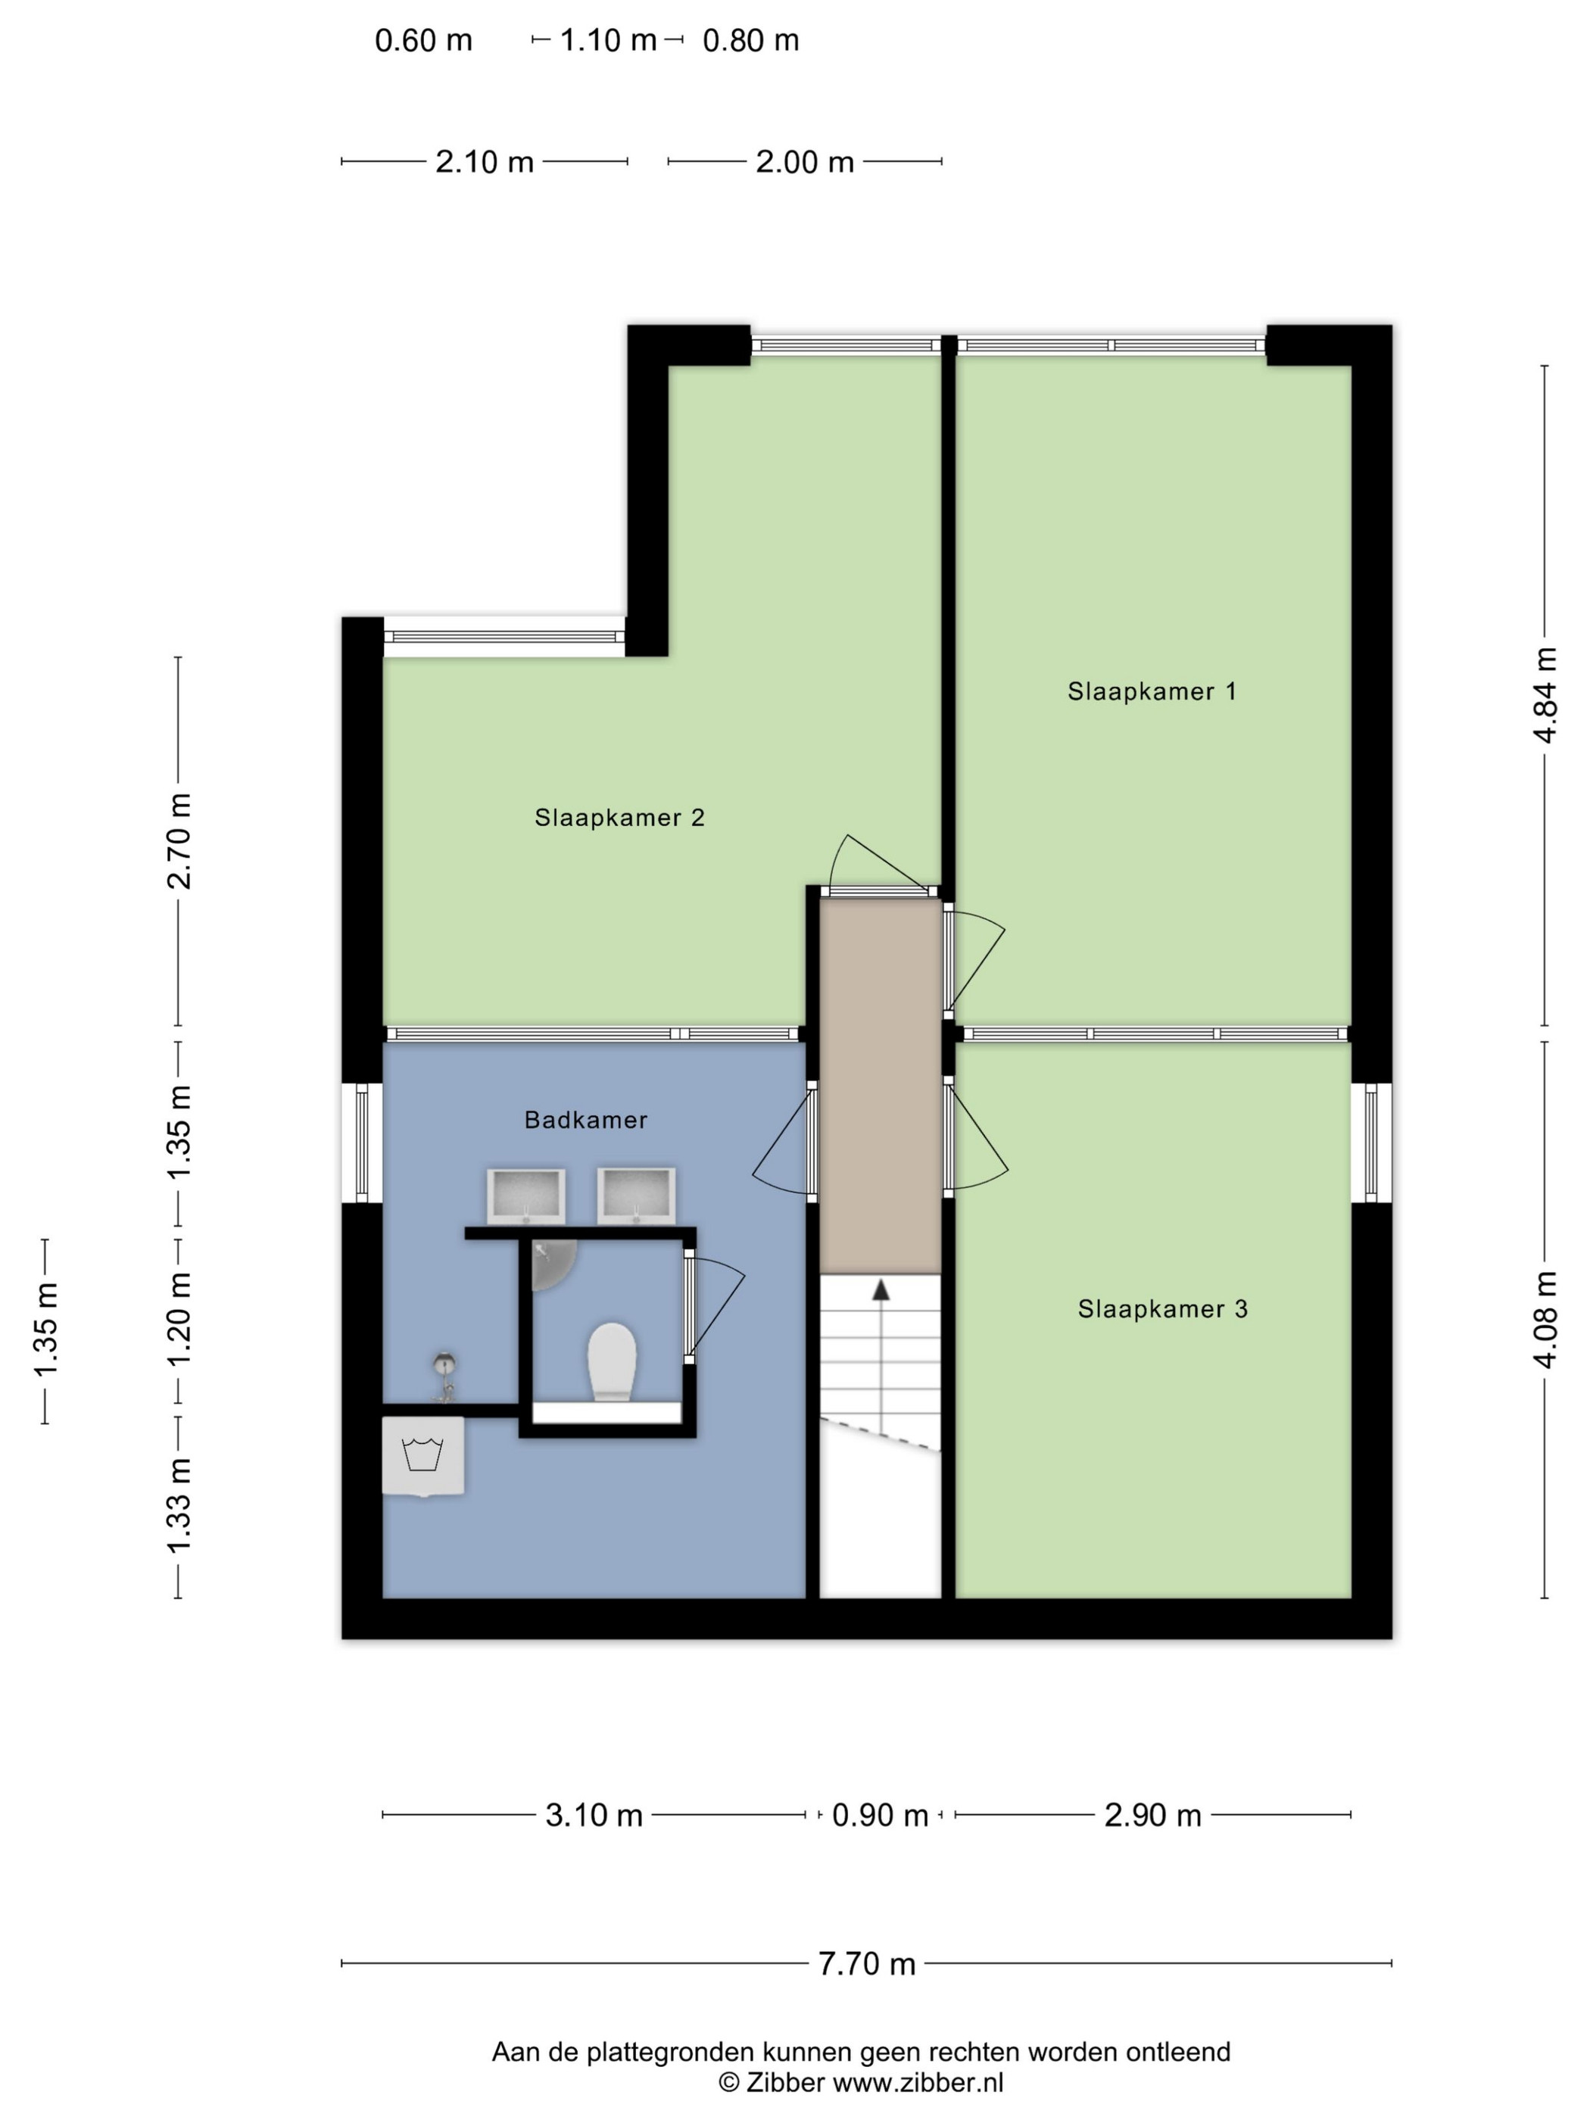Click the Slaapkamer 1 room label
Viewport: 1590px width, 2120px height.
pos(1151,691)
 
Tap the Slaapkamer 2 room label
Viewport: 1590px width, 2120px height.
pos(619,818)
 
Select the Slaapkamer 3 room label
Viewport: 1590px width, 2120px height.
pos(1162,1309)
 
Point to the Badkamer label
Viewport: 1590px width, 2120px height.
pos(585,1119)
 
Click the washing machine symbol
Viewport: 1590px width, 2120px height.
pos(422,1456)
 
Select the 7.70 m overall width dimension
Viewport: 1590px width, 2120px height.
pos(866,1964)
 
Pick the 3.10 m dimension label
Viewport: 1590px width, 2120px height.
pos(594,1815)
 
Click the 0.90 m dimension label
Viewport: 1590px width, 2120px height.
pos(880,1815)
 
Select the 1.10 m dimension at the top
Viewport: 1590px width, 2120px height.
pos(608,40)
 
